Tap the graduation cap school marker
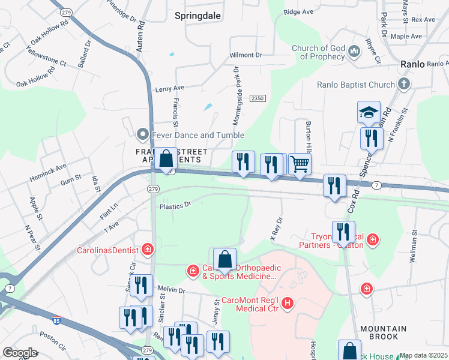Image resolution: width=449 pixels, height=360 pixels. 369,112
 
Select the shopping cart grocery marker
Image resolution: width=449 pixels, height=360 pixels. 300,164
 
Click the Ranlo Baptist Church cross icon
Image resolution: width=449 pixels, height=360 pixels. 405,85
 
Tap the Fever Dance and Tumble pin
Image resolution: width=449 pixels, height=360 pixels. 142,134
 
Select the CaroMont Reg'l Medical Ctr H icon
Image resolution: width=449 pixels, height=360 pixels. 288,304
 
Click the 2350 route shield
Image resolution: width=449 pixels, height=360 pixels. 258,98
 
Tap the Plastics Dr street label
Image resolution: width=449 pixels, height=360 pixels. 175,205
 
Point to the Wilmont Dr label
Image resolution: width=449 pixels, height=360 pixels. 246,55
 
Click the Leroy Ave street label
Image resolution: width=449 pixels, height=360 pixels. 169,88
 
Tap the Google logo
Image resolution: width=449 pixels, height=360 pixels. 20,353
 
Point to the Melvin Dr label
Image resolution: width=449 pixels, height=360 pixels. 171,290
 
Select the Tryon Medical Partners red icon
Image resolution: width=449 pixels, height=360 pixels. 373,240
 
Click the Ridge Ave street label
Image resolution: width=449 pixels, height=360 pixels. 299,11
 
